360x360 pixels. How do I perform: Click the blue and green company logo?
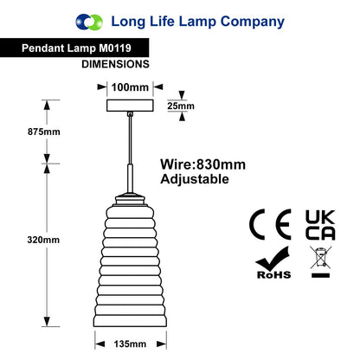89,22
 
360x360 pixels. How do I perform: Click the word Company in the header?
253,22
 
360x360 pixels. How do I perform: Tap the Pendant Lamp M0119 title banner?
74,48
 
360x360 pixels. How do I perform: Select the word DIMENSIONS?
115,64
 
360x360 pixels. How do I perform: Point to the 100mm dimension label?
130,87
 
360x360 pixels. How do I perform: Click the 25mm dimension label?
181,106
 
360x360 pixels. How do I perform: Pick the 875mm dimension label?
44,132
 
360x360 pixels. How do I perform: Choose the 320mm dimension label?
43,240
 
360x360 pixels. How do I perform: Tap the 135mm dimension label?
130,344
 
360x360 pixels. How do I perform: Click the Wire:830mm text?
203,164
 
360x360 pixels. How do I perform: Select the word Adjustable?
195,179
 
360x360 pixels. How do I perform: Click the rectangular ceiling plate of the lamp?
130,106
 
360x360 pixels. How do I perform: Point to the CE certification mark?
270,224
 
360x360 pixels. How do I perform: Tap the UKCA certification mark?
320,225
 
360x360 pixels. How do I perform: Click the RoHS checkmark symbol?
273,262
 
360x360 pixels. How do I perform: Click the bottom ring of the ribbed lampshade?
130,321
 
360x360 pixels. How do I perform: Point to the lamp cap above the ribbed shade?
130,199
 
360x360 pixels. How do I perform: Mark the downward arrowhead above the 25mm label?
182,95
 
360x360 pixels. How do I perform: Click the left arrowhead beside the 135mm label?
100,344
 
